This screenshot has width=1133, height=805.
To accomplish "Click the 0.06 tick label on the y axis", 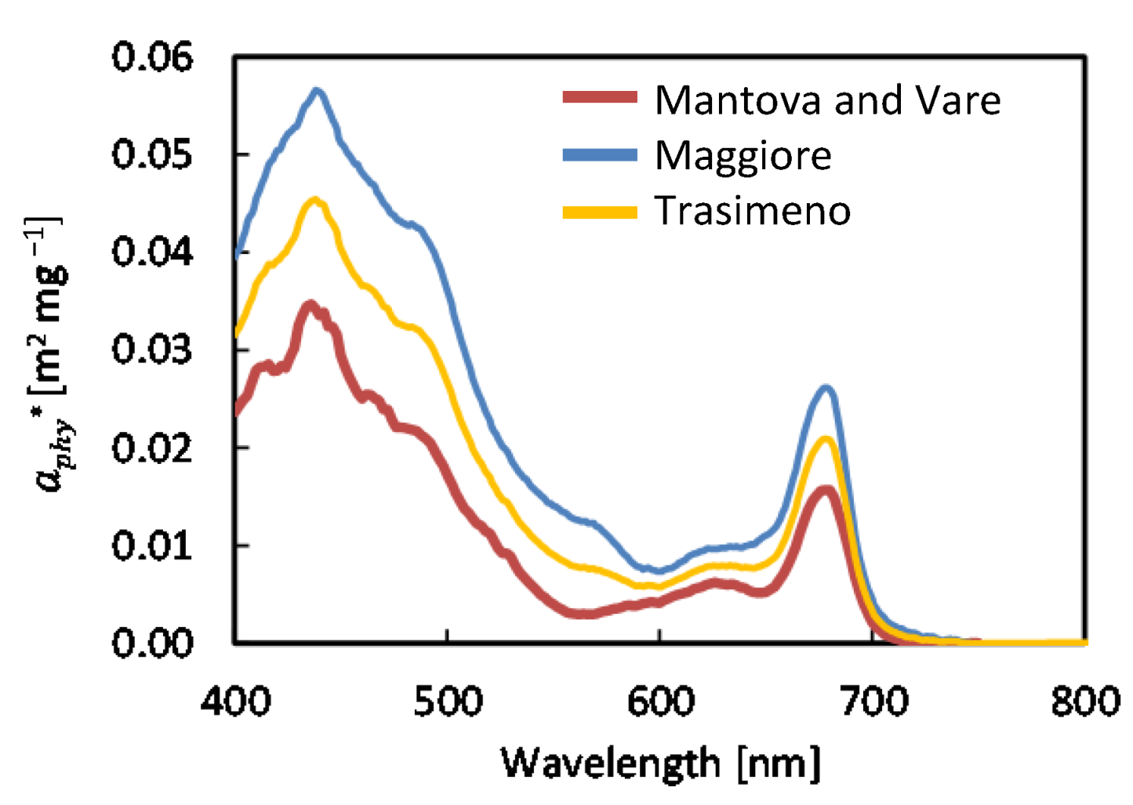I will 152,57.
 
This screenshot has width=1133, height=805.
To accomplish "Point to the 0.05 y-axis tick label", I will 152,154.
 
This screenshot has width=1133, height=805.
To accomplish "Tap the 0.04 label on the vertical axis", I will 152,252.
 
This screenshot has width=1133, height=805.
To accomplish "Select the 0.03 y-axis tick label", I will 152,350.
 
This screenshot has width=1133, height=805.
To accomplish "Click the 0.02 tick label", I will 152,448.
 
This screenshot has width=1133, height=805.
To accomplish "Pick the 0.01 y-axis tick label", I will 152,546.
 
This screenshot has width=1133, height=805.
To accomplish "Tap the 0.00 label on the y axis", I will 152,643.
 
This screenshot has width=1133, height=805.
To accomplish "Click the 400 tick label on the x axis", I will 236,700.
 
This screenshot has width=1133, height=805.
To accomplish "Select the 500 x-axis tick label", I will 448,700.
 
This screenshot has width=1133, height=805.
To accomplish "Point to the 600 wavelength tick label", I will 660,700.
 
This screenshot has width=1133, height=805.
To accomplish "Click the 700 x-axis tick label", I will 873,700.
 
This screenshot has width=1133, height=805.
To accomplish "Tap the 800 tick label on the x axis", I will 1085,700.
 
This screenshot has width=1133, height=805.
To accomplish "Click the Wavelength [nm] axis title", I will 660,762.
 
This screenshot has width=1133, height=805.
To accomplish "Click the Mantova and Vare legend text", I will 827,100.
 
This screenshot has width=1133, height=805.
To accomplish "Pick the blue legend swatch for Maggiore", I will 600,154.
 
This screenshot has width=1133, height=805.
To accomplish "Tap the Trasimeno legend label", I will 753,211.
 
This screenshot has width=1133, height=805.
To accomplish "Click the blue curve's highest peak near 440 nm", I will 318,92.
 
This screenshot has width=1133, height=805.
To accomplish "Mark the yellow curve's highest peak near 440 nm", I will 315,201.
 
